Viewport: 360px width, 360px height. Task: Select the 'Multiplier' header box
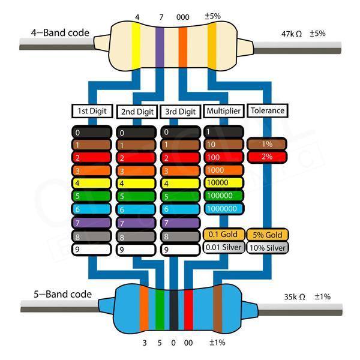click(223, 111)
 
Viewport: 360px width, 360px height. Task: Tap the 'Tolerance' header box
click(266, 111)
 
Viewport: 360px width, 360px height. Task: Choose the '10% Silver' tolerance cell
click(268, 247)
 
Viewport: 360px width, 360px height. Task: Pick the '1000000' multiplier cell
click(223, 209)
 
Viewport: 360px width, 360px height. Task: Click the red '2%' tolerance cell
click(267, 157)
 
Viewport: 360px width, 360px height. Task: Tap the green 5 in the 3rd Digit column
click(180, 196)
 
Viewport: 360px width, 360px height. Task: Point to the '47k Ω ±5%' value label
click(303, 34)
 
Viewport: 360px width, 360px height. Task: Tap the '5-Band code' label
click(62, 294)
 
